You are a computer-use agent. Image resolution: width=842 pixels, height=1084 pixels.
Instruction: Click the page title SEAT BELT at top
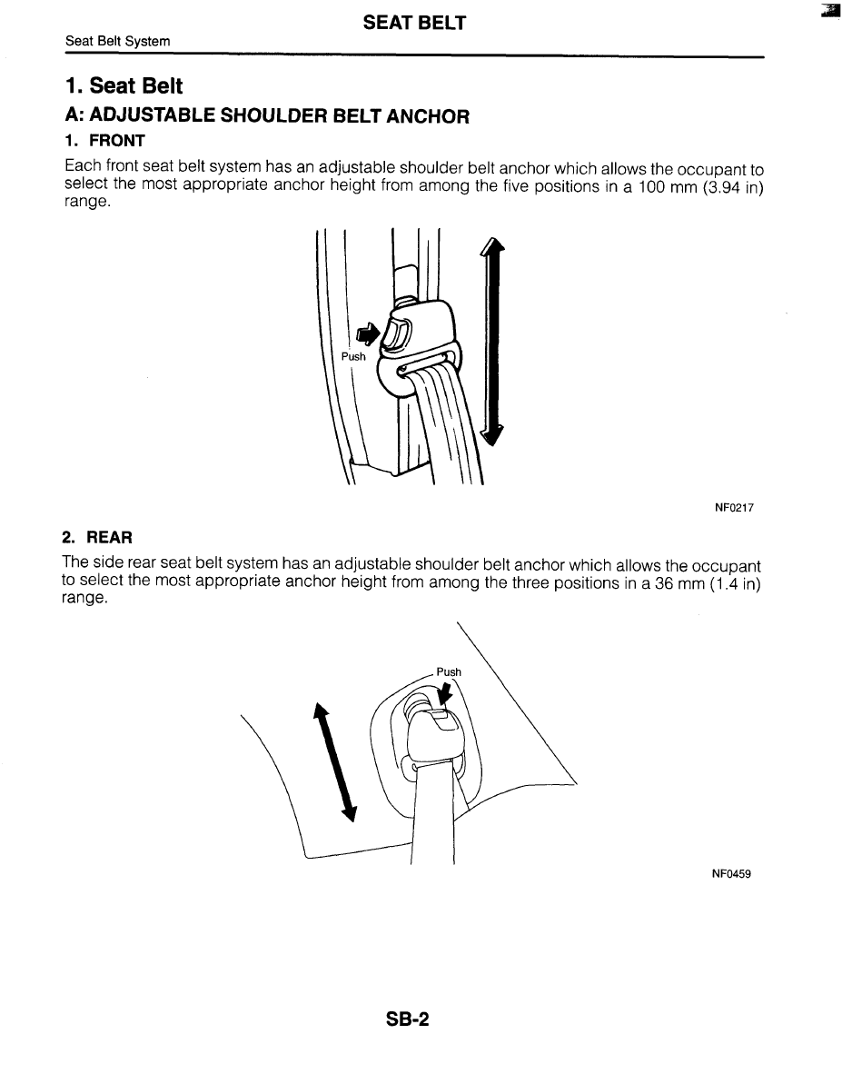(x=414, y=24)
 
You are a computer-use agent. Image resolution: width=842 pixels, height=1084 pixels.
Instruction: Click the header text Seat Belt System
(x=118, y=43)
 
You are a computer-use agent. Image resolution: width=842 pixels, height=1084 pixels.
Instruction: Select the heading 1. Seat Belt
(x=124, y=86)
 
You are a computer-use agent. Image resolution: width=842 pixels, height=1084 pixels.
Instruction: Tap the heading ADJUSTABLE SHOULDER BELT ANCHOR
(x=267, y=116)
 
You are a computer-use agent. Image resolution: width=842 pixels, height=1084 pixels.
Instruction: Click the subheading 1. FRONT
(x=105, y=141)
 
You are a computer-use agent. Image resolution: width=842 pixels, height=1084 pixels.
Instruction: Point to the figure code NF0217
(x=734, y=509)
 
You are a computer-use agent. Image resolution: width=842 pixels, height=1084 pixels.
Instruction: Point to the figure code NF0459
(x=731, y=874)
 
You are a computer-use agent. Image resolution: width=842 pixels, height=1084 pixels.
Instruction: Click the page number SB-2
(x=406, y=1019)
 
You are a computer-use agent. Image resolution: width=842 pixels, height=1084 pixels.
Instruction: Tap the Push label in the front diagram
(x=353, y=356)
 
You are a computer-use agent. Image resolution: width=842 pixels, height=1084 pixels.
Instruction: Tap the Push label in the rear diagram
(x=449, y=672)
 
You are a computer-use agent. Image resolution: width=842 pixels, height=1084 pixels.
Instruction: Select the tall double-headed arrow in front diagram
(x=491, y=341)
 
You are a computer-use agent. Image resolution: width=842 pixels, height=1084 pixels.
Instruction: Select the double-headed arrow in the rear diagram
(x=332, y=762)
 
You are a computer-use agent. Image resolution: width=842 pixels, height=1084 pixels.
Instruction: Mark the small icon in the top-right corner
(x=827, y=11)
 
